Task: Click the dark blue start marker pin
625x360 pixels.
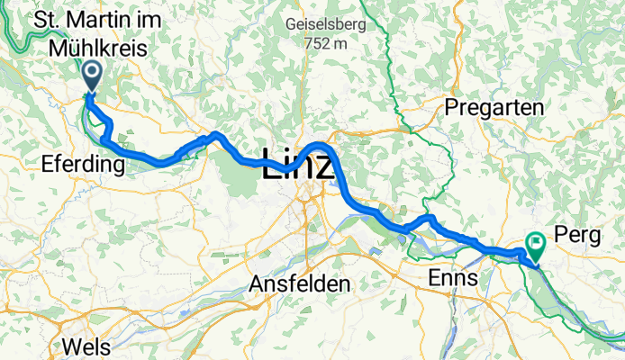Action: (x=92, y=75)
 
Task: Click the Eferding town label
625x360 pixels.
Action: (x=82, y=164)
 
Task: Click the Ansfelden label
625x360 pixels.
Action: (x=299, y=283)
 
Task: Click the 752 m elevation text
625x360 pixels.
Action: (x=325, y=42)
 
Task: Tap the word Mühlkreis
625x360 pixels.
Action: (x=102, y=50)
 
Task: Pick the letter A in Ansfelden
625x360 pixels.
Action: (x=255, y=283)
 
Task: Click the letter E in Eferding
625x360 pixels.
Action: (x=48, y=164)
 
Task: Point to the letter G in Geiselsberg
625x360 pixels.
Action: (x=288, y=24)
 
